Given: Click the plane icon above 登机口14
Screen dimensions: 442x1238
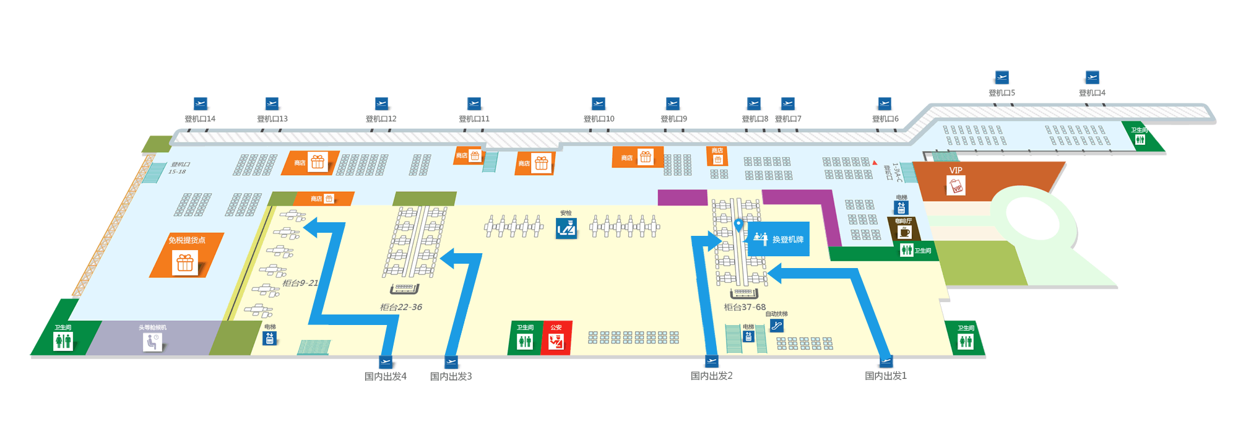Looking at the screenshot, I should (200, 103).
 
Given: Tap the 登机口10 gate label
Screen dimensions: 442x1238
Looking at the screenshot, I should (599, 119).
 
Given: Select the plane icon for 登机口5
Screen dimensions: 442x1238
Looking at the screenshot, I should (1002, 77).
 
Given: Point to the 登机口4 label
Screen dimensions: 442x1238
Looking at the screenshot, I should (1092, 93).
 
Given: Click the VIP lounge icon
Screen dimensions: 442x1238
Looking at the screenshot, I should (956, 186).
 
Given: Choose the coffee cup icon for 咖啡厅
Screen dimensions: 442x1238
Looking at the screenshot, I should (904, 233).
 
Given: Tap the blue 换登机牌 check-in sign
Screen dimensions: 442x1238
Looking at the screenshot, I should (779, 239).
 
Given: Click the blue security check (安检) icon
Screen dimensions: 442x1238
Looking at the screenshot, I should (566, 229).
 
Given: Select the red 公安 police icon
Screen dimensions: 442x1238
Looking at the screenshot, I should (556, 341).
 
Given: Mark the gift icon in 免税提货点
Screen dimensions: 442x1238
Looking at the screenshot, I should (185, 263).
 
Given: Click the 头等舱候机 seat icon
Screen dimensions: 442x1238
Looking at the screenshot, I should (152, 342).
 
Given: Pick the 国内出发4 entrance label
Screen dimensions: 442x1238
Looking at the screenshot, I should (385, 376).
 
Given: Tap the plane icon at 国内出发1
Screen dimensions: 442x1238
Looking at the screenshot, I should (886, 361).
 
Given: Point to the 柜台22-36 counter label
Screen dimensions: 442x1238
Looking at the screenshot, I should (400, 307).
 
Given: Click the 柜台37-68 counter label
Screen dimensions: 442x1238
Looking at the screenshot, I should (745, 307).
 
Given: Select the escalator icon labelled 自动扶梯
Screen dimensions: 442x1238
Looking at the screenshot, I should (777, 326).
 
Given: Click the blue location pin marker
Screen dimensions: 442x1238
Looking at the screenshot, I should (738, 224).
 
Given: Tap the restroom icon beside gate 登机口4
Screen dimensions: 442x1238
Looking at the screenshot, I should (1140, 140).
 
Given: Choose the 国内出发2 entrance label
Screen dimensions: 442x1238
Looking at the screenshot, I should (711, 376).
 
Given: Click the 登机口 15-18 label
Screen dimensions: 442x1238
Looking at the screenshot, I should (179, 168).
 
